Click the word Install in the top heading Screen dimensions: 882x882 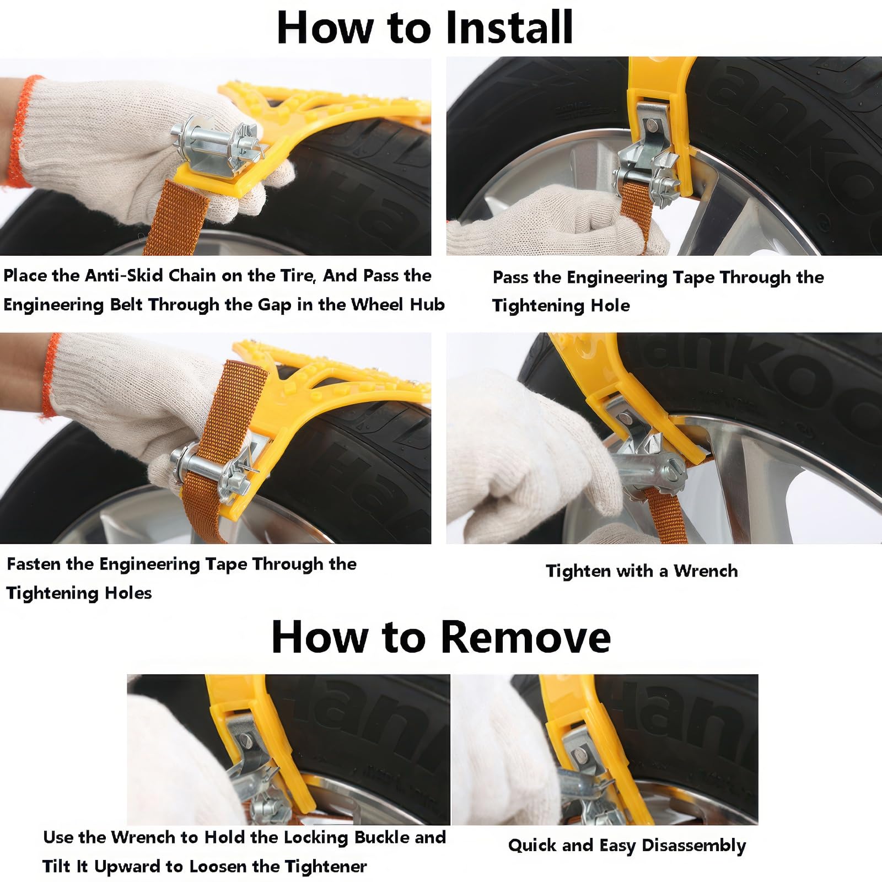pos(509,27)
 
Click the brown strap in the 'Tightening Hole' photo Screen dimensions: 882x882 pos(636,212)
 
